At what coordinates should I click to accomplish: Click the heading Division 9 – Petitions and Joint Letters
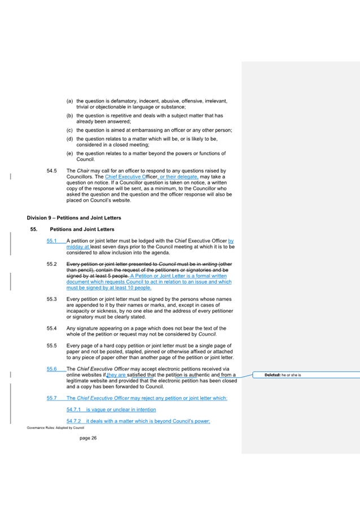[x=73, y=217]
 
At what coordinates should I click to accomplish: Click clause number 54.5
[x=52, y=171]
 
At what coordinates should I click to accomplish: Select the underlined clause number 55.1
[x=52, y=241]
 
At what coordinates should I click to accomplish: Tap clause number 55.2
[x=52, y=264]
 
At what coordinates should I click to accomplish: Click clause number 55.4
[x=52, y=328]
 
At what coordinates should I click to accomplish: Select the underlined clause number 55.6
[x=52, y=369]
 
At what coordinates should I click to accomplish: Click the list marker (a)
[x=70, y=101]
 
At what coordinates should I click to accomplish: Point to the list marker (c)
[x=70, y=130]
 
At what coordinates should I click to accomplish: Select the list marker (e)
[x=70, y=154]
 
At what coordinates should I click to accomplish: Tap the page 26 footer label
[x=88, y=438]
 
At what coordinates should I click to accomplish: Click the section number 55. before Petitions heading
[x=33, y=229]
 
